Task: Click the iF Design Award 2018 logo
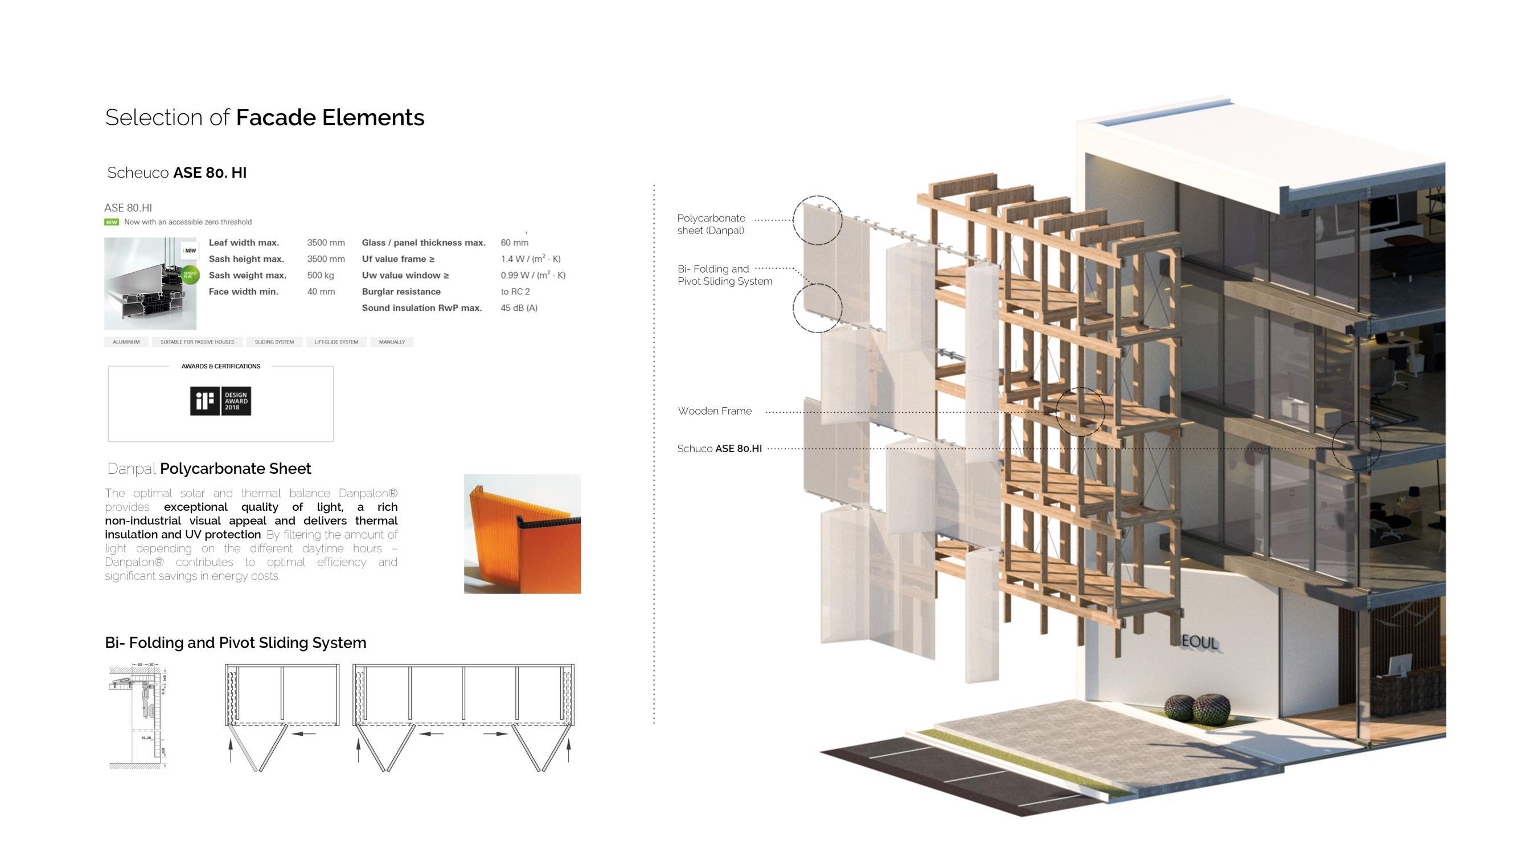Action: tap(220, 401)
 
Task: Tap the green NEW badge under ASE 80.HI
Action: tap(112, 222)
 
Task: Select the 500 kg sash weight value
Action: tap(321, 275)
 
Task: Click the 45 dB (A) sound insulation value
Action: tap(519, 307)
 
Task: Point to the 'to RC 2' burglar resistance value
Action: tap(515, 291)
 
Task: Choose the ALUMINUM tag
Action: tap(126, 342)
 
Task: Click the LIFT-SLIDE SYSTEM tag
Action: tap(336, 342)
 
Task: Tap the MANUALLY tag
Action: tap(392, 342)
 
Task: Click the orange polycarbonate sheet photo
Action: tap(522, 534)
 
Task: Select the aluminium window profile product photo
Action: tap(150, 284)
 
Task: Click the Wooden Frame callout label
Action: tap(714, 411)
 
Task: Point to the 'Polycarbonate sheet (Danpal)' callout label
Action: tap(711, 224)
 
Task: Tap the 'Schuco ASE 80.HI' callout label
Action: tap(719, 449)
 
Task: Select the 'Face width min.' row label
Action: tap(243, 291)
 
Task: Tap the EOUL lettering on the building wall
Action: tap(1199, 642)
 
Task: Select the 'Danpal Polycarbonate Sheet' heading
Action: tap(209, 469)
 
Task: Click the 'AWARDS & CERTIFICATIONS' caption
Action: tap(221, 366)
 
